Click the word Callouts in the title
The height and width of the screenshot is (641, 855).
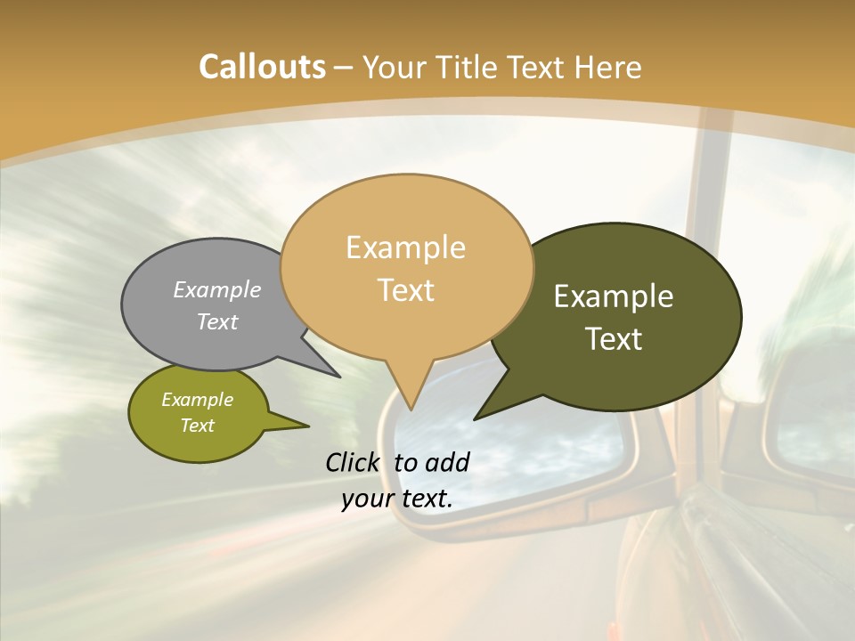[262, 68]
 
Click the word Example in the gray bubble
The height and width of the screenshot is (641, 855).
[217, 290]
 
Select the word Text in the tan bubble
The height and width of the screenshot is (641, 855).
[406, 290]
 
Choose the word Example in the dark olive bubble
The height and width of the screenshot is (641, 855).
[614, 296]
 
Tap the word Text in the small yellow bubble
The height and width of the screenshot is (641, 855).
[198, 426]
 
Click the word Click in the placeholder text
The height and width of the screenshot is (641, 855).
[354, 462]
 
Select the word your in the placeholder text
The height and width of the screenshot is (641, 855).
[366, 499]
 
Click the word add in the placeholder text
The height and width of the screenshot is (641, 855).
[447, 462]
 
